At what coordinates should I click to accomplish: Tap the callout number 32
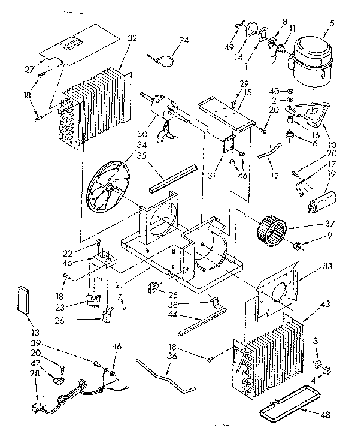[132, 38]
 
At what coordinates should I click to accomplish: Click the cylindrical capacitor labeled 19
[323, 202]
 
